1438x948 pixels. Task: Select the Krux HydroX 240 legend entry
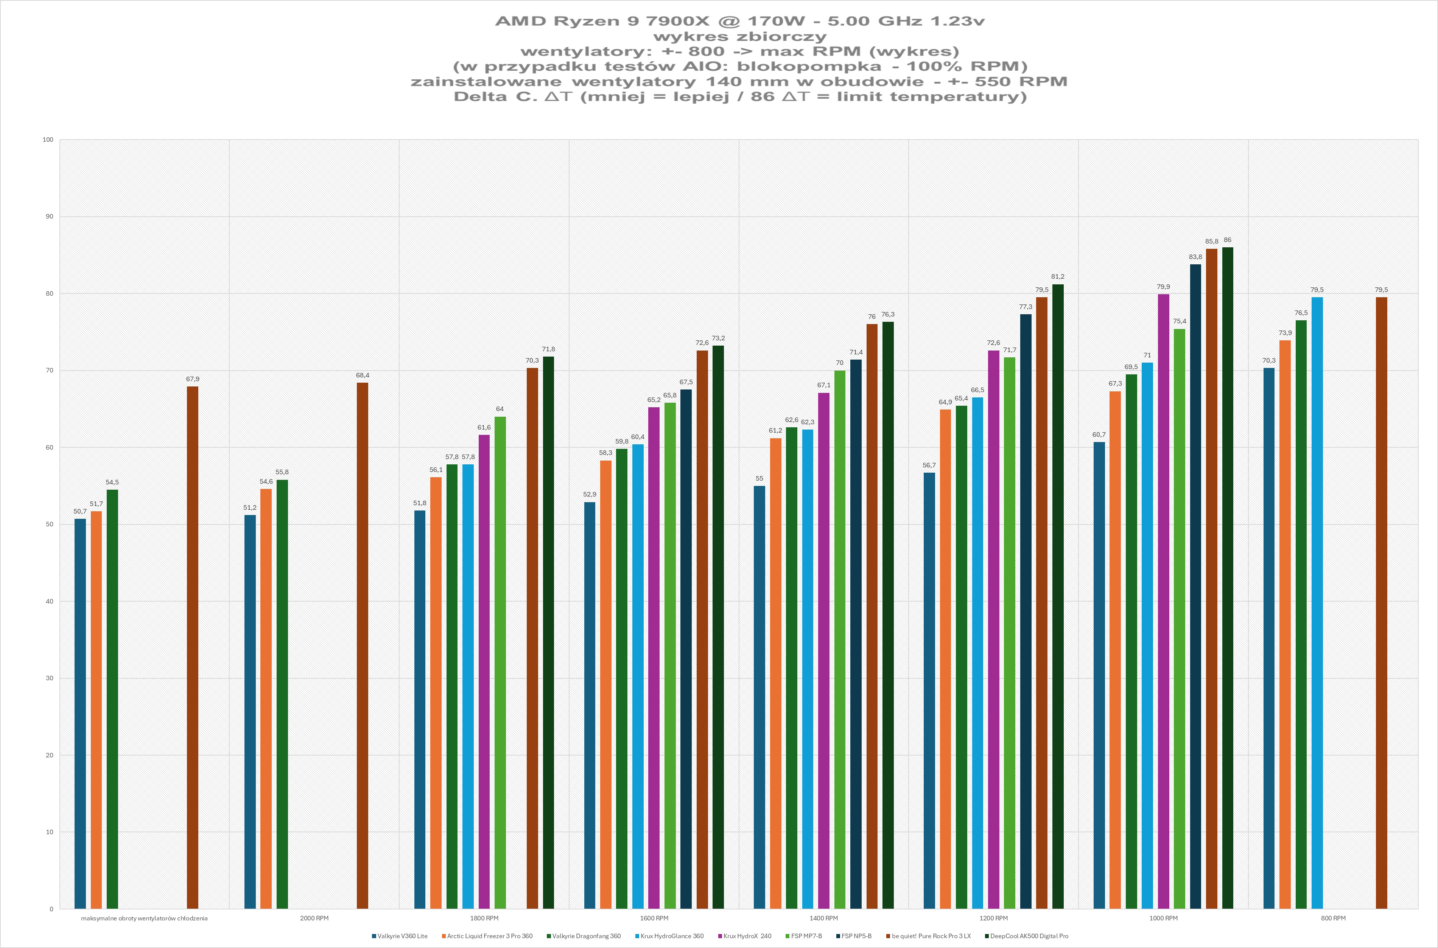(x=747, y=936)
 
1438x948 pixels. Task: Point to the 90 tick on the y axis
(x=49, y=216)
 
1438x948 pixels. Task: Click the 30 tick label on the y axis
(x=49, y=678)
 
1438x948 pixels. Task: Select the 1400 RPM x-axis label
(x=823, y=918)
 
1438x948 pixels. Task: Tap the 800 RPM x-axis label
(x=1333, y=918)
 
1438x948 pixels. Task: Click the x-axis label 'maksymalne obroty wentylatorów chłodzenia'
(x=144, y=918)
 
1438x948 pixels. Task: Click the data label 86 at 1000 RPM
(x=1228, y=240)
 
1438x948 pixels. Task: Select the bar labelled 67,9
(x=192, y=647)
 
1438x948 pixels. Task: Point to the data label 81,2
(x=1057, y=276)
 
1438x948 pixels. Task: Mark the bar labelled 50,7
(x=80, y=714)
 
